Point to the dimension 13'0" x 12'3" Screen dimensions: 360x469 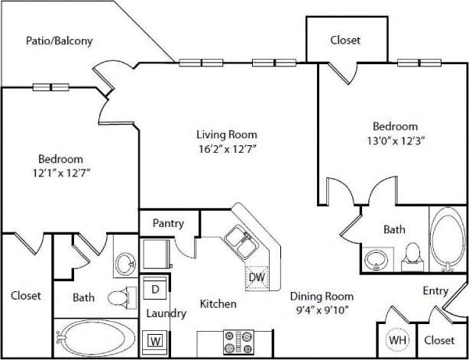394,141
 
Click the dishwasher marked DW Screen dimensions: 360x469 257,277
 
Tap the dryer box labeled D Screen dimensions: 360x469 155,289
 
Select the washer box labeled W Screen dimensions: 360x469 155,339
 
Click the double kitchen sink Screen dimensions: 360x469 240,242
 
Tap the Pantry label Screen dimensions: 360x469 168,224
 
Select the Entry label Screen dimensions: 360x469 436,290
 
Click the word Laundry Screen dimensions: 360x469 166,313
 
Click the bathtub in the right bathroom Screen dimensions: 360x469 445,238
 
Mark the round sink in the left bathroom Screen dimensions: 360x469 124,264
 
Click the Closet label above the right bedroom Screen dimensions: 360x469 345,40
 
